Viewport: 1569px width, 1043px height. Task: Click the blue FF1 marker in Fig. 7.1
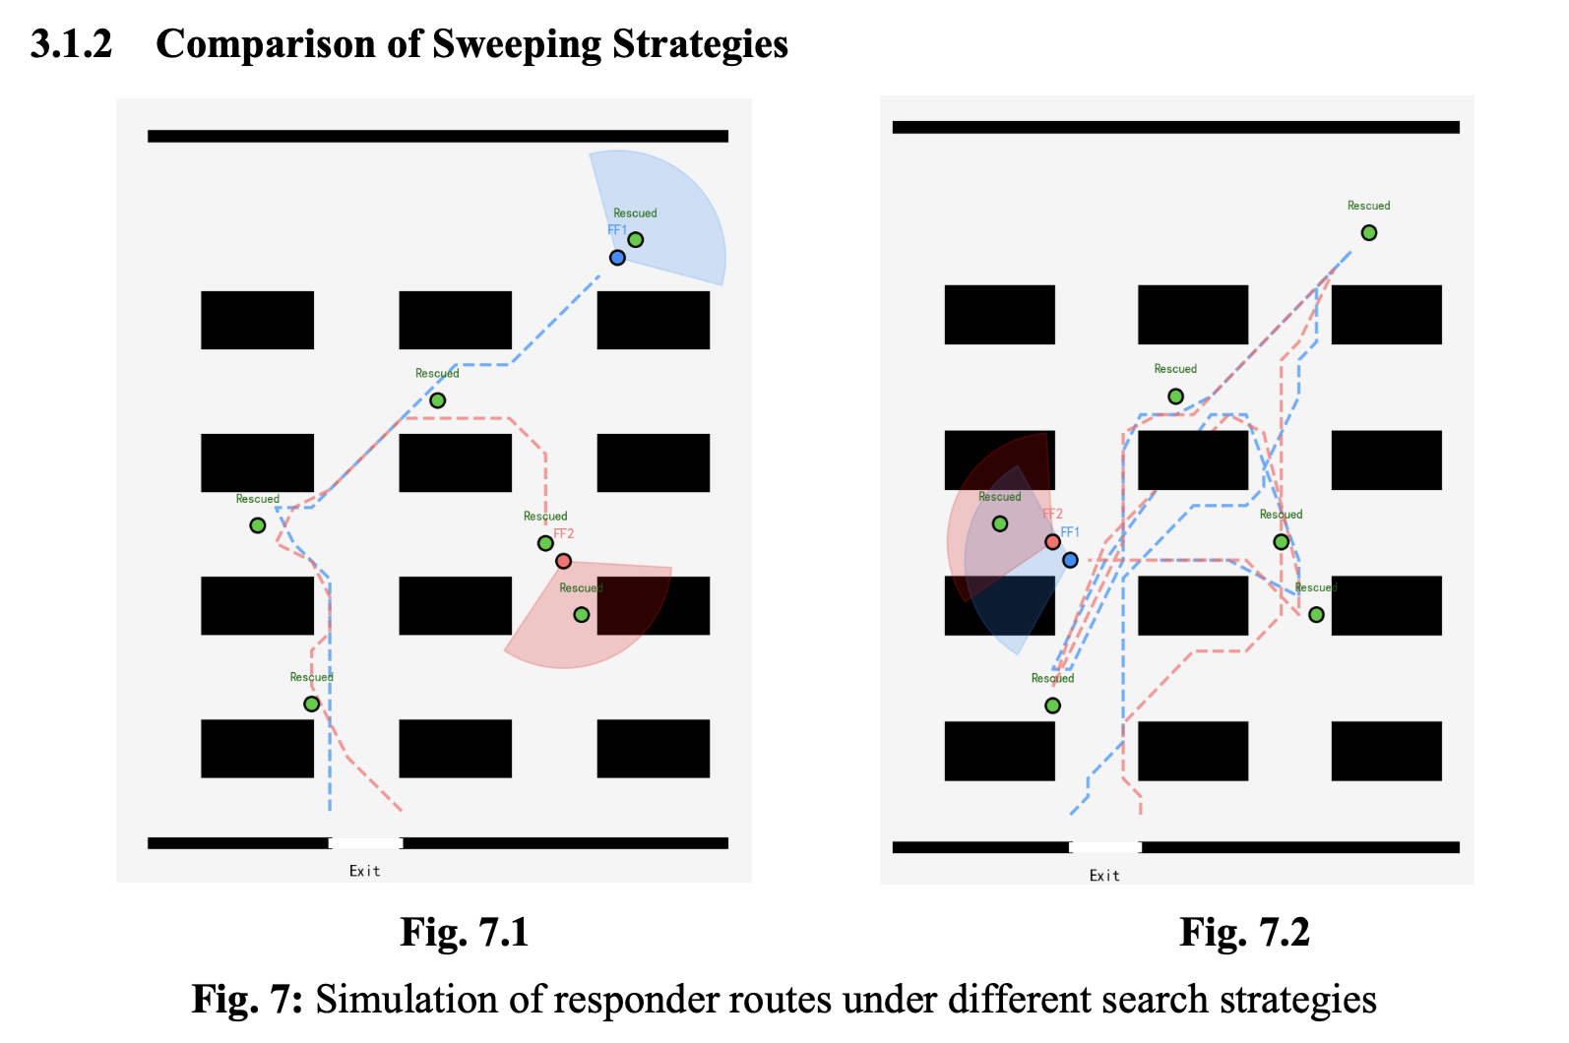(617, 258)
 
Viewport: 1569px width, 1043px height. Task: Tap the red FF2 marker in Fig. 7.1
(563, 561)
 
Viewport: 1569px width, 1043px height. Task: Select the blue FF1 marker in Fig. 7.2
(1070, 560)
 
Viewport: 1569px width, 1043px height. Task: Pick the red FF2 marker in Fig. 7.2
(1052, 542)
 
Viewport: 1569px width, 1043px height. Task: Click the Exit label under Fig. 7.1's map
(365, 871)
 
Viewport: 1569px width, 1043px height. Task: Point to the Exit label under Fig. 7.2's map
(1104, 876)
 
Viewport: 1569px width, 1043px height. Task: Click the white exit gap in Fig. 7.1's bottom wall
(365, 843)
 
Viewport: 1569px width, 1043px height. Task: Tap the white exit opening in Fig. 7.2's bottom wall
(1105, 847)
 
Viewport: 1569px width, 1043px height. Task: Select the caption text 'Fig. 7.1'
(464, 933)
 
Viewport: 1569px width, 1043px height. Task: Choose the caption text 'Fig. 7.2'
(1244, 933)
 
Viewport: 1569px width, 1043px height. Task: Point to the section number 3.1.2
(71, 43)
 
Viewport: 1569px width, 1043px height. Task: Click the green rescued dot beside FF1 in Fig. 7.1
(635, 240)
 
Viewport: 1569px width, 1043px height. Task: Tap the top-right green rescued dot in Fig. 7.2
(1368, 232)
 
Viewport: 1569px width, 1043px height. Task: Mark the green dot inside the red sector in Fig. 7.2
(999, 523)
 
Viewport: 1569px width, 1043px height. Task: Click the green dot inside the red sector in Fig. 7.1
(582, 615)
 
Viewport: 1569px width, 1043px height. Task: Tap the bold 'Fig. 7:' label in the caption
(247, 999)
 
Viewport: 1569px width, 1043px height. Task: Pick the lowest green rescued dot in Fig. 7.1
(312, 704)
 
